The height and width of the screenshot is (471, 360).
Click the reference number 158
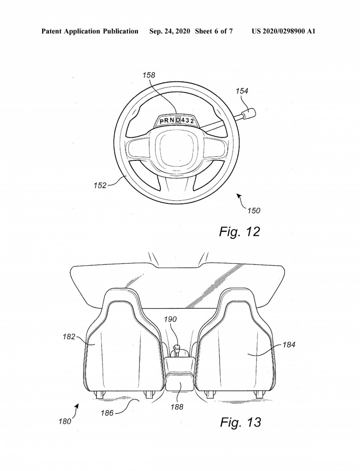pyautogui.click(x=149, y=75)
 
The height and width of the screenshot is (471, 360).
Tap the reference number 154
pyautogui.click(x=242, y=91)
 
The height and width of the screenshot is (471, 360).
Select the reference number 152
pyautogui.click(x=100, y=185)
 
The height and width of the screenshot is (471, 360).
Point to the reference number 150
pyautogui.click(x=254, y=210)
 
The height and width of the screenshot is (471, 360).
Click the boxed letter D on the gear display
pyautogui.click(x=178, y=120)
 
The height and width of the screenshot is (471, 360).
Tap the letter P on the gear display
pyautogui.click(x=162, y=121)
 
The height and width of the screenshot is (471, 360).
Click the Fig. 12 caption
pyautogui.click(x=239, y=232)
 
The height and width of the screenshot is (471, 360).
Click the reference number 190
pyautogui.click(x=170, y=319)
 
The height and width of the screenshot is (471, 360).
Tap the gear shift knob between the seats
pyautogui.click(x=177, y=347)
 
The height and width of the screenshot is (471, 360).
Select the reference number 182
pyautogui.click(x=69, y=336)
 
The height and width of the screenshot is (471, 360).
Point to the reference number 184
pyautogui.click(x=289, y=345)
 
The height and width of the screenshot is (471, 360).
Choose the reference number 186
pyautogui.click(x=107, y=413)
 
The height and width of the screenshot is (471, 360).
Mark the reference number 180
pyautogui.click(x=65, y=422)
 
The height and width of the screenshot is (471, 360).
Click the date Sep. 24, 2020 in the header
pyautogui.click(x=170, y=31)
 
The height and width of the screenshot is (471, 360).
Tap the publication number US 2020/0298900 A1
pyautogui.click(x=283, y=31)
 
